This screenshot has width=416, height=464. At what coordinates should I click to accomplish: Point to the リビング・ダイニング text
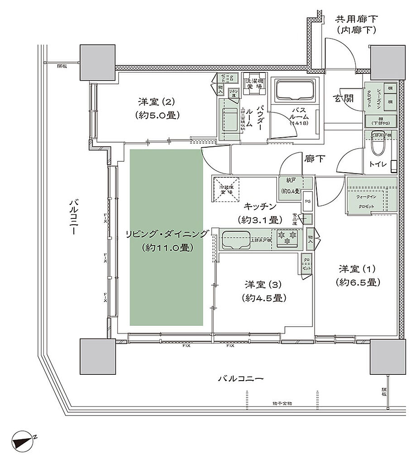click(x=167, y=234)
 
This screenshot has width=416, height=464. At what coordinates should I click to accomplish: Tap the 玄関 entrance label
click(x=344, y=98)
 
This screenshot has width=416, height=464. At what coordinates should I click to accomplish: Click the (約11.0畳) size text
click(x=167, y=248)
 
